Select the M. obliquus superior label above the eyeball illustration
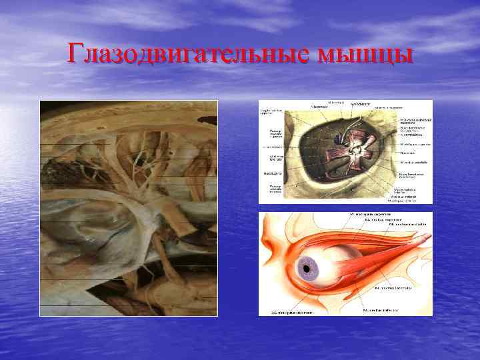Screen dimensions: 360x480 (373, 214)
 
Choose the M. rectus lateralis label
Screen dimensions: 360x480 (393, 287)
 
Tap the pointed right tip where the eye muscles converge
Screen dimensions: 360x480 (427, 237)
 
